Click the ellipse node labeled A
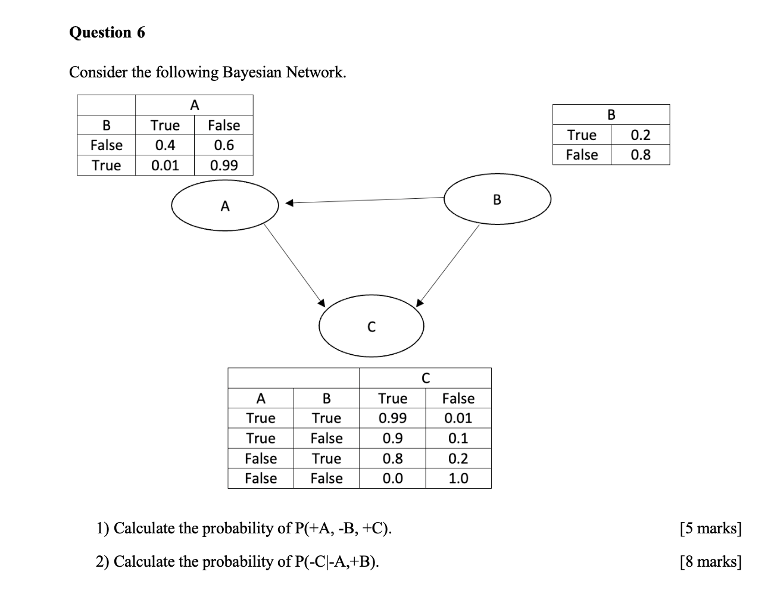click(x=224, y=206)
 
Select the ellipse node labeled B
click(x=497, y=199)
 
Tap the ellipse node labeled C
click(x=371, y=326)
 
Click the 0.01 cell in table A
click(x=164, y=165)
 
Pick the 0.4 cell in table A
click(x=164, y=145)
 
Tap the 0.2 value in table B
click(x=640, y=135)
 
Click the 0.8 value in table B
click(x=640, y=155)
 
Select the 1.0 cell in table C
click(x=458, y=479)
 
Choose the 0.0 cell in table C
click(x=392, y=479)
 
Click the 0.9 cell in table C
click(x=392, y=439)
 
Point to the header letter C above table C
click(x=425, y=378)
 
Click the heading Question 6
click(x=107, y=32)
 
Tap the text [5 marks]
click(x=710, y=528)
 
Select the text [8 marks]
click(x=710, y=561)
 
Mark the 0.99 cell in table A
click(x=223, y=165)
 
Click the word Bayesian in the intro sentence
click(x=252, y=73)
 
